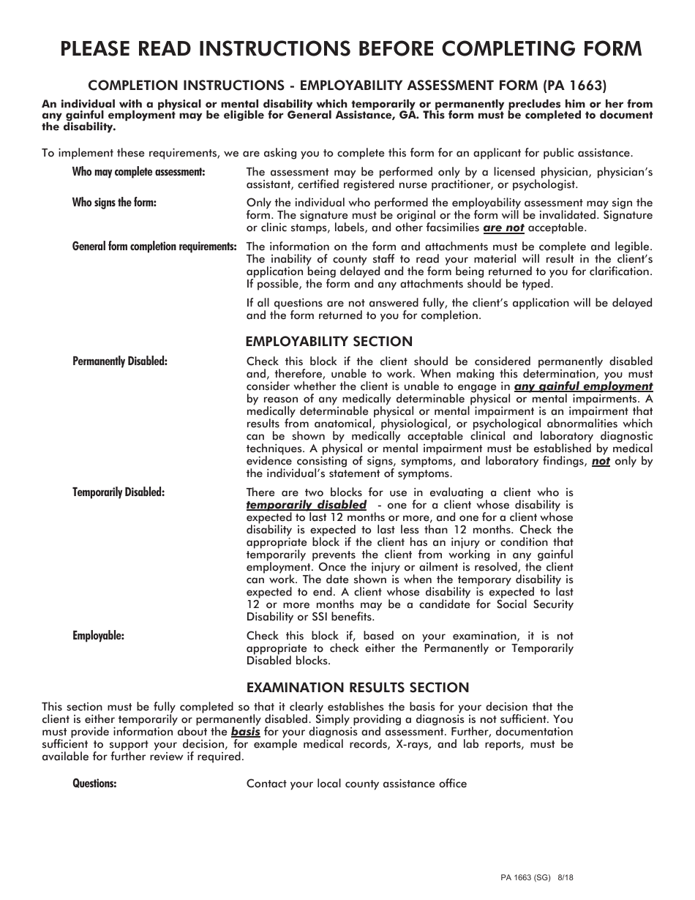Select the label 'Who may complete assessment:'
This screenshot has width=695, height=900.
(x=138, y=172)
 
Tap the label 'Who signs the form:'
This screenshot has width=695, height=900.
(x=114, y=203)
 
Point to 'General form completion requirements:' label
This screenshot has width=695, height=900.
(x=154, y=247)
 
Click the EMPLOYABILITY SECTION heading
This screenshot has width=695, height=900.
(x=329, y=342)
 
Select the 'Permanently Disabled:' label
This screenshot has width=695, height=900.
(x=120, y=361)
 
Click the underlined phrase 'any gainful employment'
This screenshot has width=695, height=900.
(x=583, y=386)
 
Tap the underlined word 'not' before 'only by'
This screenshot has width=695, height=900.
(x=601, y=462)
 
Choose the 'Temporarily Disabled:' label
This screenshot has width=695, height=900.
(x=119, y=492)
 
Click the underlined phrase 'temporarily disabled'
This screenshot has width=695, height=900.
(x=306, y=505)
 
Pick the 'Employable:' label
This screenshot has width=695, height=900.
(x=98, y=636)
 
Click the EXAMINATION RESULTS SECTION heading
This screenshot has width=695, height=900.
(x=357, y=688)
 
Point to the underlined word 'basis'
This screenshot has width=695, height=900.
(x=246, y=732)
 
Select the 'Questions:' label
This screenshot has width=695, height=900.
(x=94, y=784)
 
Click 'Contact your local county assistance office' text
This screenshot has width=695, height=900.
(x=356, y=784)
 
